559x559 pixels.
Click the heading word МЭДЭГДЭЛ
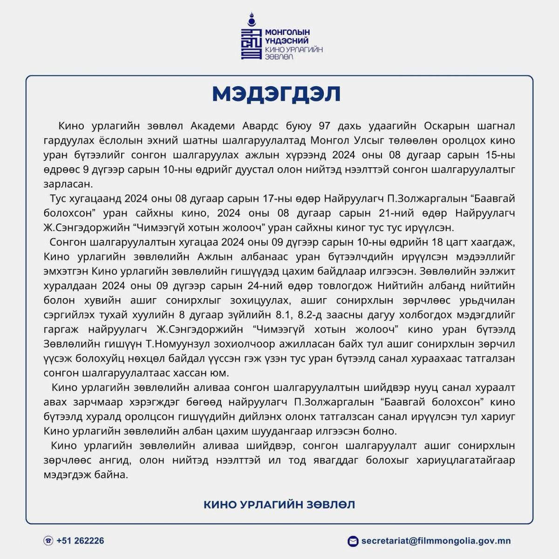(x=276, y=94)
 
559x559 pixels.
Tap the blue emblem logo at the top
(x=251, y=41)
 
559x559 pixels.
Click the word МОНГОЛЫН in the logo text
(x=287, y=32)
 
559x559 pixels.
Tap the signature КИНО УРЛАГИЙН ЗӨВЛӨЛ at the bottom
(x=279, y=504)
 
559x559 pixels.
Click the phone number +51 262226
(x=80, y=541)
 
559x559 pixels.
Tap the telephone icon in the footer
(x=48, y=541)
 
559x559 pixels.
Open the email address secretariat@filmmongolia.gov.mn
(x=436, y=541)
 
